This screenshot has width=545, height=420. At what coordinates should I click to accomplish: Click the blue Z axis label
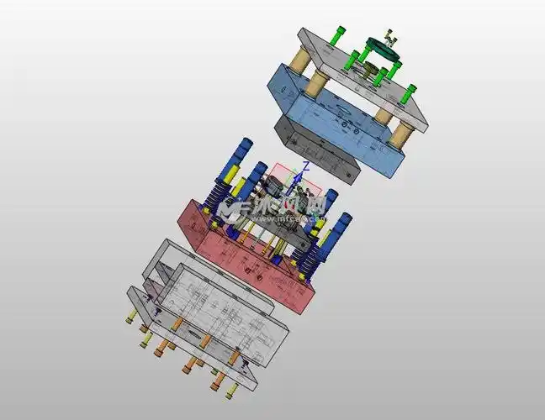coord(307,165)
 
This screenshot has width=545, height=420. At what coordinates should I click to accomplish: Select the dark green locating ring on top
coord(383,52)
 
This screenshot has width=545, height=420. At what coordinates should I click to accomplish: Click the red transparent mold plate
coord(252,260)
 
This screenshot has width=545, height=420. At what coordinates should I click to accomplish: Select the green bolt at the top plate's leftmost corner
coord(338,35)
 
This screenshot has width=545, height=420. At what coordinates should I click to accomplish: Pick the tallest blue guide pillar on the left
coord(247,151)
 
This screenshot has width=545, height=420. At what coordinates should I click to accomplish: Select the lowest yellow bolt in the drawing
coord(228,390)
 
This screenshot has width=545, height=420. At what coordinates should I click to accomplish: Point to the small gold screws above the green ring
coord(389,37)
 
